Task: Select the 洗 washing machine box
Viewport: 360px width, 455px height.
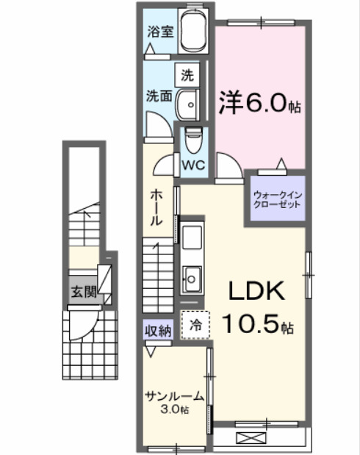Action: coord(187,74)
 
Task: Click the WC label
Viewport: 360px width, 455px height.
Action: coord(195,165)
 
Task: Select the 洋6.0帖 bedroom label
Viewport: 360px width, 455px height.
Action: coord(258,103)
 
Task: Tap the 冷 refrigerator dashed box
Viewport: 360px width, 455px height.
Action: coord(195,323)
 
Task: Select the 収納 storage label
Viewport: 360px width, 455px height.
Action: coord(157,330)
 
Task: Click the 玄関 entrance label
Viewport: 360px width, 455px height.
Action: coord(84,292)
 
